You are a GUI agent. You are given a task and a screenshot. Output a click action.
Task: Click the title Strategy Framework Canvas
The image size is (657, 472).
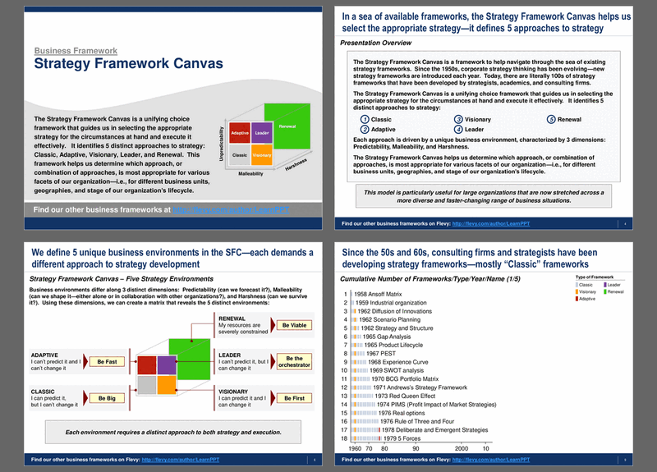[x=116, y=64]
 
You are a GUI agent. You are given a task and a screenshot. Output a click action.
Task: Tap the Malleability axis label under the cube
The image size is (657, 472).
[x=251, y=174]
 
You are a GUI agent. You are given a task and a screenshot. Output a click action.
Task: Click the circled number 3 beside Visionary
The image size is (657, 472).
[x=458, y=119]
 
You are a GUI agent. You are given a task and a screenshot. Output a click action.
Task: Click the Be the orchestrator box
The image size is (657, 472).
[x=293, y=361]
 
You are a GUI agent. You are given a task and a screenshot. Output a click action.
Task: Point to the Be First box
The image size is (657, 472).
[x=293, y=398]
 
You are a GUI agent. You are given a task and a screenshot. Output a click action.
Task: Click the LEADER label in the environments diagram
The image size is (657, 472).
[x=230, y=355]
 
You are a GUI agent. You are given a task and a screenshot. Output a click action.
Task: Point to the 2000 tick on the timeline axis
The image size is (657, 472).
[x=462, y=449]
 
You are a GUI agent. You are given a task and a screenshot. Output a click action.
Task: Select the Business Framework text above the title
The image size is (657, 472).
[x=76, y=51]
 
